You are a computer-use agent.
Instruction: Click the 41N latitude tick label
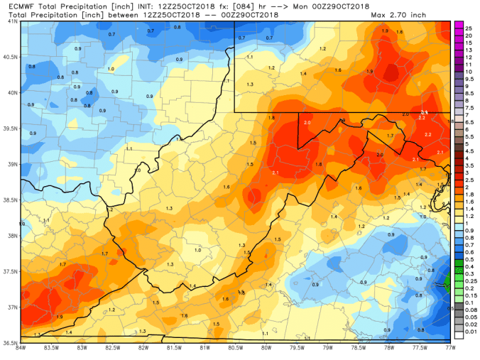[10, 22]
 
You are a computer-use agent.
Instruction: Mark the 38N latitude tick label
[10, 236]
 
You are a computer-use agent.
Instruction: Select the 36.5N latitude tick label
[10, 342]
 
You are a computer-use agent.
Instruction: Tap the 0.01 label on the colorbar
[469, 331]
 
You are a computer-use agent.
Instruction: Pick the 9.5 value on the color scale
[468, 80]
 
